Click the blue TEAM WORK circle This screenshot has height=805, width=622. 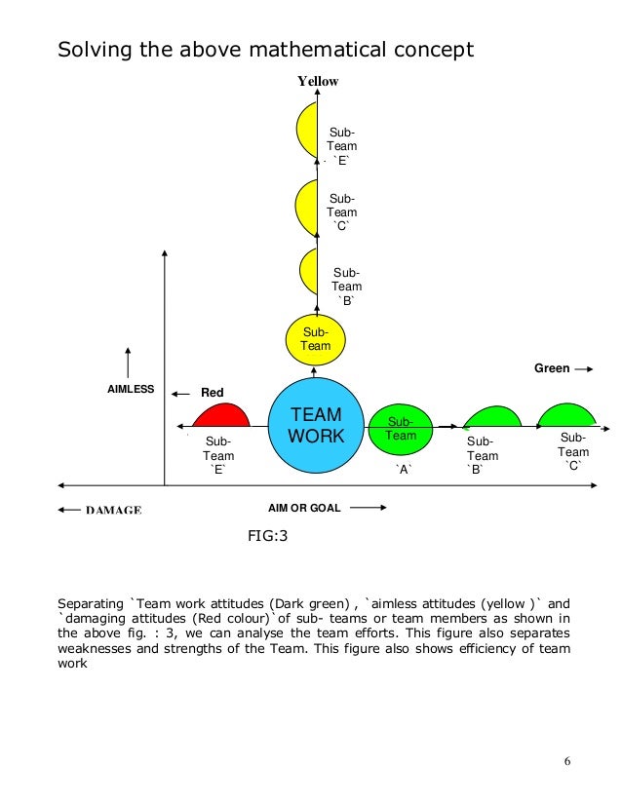(x=318, y=428)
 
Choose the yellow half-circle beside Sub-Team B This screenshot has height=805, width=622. (x=309, y=275)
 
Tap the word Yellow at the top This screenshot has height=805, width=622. (x=318, y=82)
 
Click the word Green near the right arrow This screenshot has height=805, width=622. (x=552, y=369)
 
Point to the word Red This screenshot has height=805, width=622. (x=213, y=393)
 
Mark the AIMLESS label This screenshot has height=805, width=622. (x=131, y=389)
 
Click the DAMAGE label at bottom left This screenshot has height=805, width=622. (x=113, y=510)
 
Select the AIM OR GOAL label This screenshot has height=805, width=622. (x=304, y=508)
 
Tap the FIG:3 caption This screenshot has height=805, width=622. (x=270, y=535)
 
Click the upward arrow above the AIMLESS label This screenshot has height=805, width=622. (x=129, y=359)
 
